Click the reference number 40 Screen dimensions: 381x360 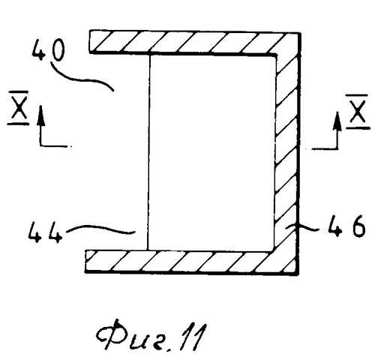48,49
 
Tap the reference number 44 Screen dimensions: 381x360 45,232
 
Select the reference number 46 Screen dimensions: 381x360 346,226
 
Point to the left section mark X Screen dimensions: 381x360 19,108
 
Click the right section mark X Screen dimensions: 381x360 358,111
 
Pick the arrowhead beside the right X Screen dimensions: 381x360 337,121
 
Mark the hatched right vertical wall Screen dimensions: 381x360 287,152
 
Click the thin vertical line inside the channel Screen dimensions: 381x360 148,152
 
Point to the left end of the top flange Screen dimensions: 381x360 90,42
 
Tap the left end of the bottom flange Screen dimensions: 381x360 85,261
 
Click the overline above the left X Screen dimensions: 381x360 19,92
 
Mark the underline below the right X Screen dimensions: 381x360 358,128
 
